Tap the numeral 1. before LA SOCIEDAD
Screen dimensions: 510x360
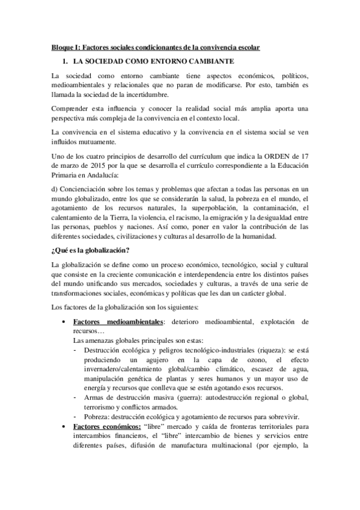pos(65,61)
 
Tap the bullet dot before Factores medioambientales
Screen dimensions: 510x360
pos(64,322)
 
